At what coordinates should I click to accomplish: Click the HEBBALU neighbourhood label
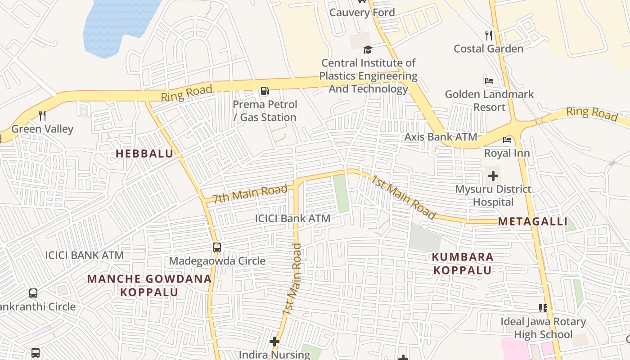coord(144,154)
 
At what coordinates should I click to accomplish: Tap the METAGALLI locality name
coord(532,222)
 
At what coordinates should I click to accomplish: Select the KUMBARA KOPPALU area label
coord(462,264)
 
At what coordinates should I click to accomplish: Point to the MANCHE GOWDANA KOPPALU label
coord(149,285)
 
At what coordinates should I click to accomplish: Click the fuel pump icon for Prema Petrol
coord(265,91)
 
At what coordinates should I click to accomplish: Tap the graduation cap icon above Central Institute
coord(368,49)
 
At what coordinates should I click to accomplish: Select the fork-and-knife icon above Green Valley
coord(42,116)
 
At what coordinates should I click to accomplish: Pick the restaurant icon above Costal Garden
coord(488,36)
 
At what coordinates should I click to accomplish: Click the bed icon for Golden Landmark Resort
coord(489,81)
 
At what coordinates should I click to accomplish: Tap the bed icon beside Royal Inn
coord(507,140)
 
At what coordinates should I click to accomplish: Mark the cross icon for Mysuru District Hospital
coord(493,176)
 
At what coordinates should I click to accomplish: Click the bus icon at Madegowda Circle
coord(217,247)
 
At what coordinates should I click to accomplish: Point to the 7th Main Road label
coord(250,193)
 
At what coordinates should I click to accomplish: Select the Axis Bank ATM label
coord(440,137)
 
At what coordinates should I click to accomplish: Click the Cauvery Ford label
coord(362,13)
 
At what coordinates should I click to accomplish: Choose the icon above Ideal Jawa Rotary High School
coord(543,308)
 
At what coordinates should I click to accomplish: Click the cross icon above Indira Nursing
coord(274,342)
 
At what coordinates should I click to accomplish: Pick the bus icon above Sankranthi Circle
coord(33,293)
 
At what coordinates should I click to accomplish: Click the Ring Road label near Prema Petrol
coord(186,94)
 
